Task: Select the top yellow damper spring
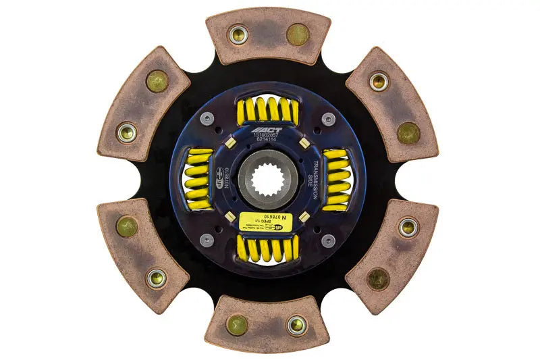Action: pos(268,108)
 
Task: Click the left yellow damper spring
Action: pos(198,180)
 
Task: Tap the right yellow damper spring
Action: pos(337,179)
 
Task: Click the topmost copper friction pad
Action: pos(268,36)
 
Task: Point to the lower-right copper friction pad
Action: pos(392,255)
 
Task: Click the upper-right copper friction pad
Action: pos(392,105)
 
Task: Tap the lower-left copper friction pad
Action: pos(143,255)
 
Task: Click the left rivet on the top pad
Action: pos(238,35)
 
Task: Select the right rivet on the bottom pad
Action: pos(296,325)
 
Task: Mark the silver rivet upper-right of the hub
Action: pos(327,120)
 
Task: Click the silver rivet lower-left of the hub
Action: pos(208,240)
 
